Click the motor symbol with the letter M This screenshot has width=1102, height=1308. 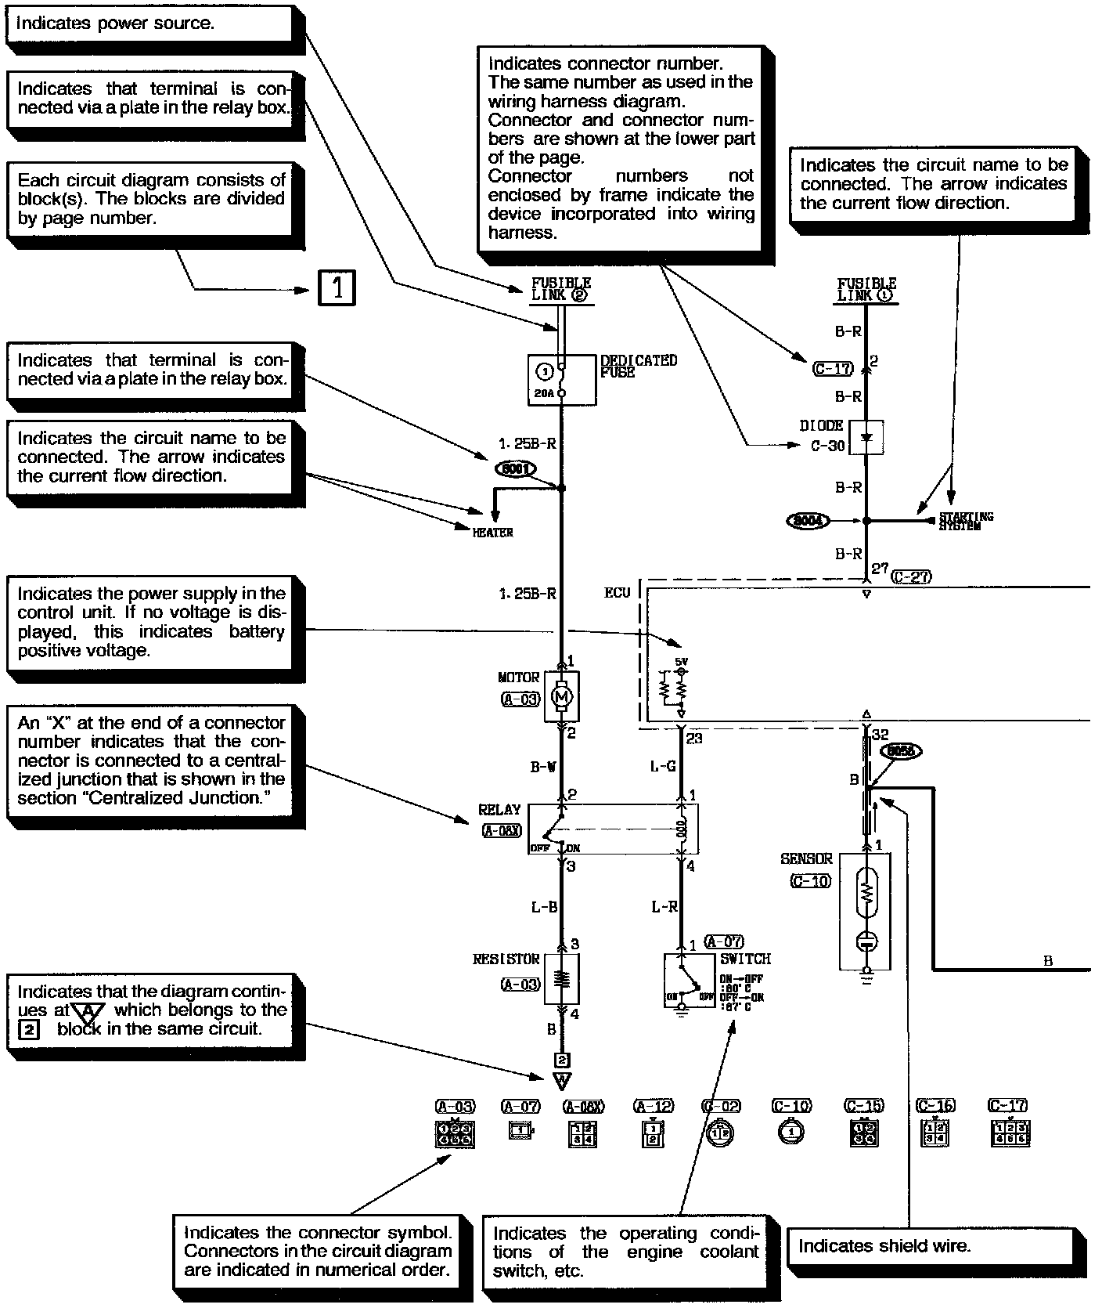coord(562,696)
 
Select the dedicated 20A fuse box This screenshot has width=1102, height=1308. coord(561,380)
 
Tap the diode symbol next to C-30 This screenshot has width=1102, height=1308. coord(866,438)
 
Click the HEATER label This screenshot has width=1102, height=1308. coord(493,533)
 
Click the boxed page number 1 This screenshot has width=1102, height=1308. coord(337,288)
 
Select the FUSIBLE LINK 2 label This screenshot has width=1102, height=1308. coord(561,289)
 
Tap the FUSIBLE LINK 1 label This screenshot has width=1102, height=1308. coord(866,290)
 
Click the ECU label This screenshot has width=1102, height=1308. coord(617,593)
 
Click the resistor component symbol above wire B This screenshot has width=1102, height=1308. coord(562,978)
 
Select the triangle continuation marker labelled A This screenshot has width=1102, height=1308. coord(562,1082)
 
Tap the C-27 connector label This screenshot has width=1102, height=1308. coord(911,577)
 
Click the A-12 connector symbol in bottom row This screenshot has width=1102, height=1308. coord(654,1135)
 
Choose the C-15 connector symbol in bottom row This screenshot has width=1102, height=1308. coord(864,1134)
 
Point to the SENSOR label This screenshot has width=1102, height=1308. coord(806,859)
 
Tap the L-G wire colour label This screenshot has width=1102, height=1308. coord(663,767)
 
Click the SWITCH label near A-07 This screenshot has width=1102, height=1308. coord(745,959)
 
